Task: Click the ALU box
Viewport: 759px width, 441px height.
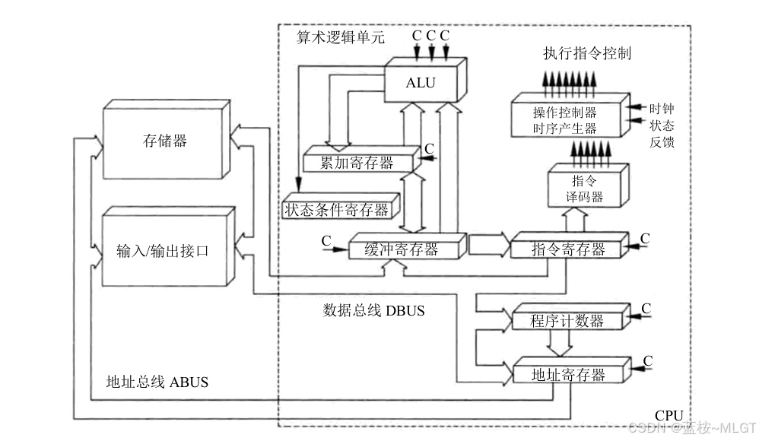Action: coord(425,81)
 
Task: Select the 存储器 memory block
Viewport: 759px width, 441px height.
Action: coord(167,139)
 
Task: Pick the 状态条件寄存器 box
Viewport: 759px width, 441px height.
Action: coord(341,207)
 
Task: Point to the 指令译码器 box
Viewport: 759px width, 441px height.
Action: coord(588,186)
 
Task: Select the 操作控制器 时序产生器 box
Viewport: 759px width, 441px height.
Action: coord(570,116)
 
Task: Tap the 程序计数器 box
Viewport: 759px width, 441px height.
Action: coord(570,317)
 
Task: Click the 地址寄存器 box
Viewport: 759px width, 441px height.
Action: coord(572,371)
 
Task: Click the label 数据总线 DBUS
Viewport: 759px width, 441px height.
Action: coord(373,310)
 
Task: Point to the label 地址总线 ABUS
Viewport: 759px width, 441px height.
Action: coord(157,382)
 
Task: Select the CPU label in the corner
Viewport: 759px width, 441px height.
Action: coord(669,415)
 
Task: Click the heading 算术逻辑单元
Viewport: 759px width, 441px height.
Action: coord(340,37)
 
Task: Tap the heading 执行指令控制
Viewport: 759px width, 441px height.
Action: coord(587,53)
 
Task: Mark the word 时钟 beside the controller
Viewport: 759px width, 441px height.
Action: coord(662,109)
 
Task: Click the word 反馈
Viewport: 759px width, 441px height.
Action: coord(662,142)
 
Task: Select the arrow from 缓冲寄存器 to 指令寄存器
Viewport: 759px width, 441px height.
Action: coord(489,245)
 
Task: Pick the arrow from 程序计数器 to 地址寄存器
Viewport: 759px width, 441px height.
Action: coord(560,344)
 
